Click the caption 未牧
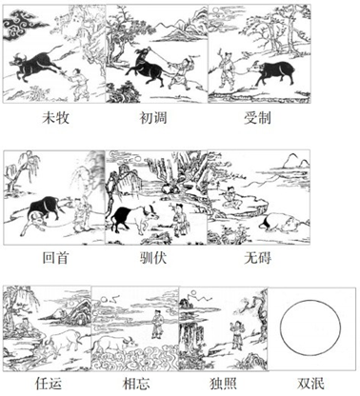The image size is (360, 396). click(55, 118)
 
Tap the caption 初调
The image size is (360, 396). click(153, 118)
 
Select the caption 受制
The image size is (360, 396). click(257, 118)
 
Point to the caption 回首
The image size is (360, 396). click(55, 257)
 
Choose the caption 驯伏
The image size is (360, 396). click(153, 257)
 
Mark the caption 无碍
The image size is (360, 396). click(257, 257)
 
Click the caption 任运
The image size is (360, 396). click(49, 384)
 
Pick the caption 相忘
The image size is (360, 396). click(136, 384)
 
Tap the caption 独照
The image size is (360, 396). click(223, 384)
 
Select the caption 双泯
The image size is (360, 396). click(310, 384)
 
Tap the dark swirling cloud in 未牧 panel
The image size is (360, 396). click(21, 24)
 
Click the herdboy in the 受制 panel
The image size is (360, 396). click(227, 69)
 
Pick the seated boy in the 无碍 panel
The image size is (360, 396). click(232, 198)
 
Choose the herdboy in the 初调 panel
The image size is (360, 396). click(180, 73)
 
